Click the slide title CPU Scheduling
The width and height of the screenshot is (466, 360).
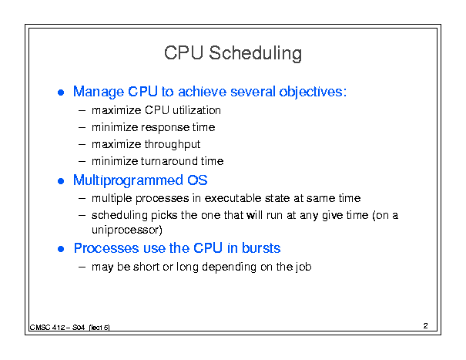[233, 53]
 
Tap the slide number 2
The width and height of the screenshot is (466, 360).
[426, 326]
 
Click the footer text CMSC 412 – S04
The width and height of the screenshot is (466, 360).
[57, 328]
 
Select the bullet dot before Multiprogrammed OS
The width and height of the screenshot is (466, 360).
[61, 181]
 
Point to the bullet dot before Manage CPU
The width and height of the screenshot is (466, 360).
[61, 93]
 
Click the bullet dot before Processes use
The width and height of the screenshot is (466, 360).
[61, 249]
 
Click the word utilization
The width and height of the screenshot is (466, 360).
[196, 110]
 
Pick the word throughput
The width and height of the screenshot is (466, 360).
[173, 145]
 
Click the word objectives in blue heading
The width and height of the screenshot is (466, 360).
[313, 92]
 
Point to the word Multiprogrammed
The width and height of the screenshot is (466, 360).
[128, 180]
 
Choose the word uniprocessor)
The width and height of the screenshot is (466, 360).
[127, 230]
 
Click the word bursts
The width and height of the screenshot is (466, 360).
[261, 248]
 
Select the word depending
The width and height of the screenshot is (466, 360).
[229, 267]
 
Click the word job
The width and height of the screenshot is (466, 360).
[303, 267]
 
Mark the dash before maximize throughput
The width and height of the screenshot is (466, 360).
[82, 145]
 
